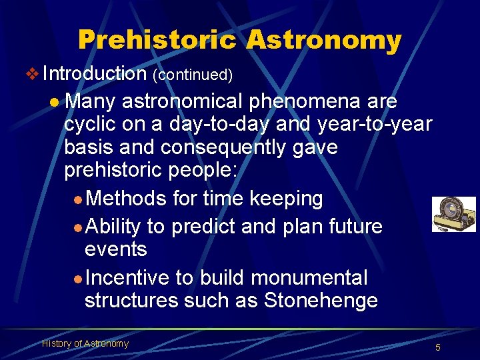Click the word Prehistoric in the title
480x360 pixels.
coord(157,40)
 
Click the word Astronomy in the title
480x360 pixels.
coord(323,40)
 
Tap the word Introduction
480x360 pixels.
coord(94,73)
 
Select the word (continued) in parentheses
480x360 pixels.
coord(193,75)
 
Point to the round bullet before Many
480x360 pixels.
coord(55,103)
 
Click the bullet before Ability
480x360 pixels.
coord(78,228)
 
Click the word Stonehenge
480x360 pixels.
coord(321,301)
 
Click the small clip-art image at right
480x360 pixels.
coord(453,214)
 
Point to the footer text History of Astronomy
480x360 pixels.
coord(85,343)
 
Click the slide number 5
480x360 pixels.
coord(438,347)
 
